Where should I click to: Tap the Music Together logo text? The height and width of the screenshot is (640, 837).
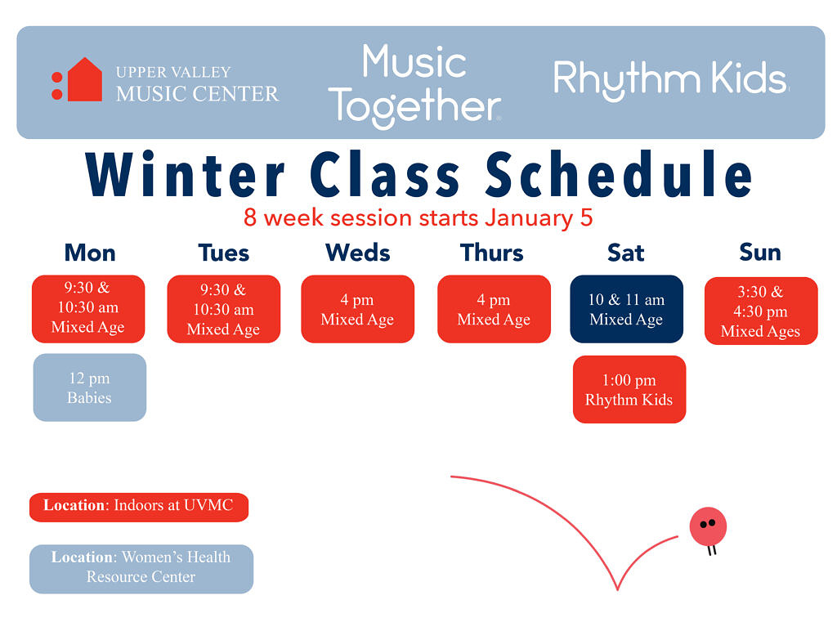pos(414,86)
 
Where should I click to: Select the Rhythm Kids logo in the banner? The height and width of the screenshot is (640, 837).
pos(670,80)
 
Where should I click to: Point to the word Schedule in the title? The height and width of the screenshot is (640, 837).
pos(620,173)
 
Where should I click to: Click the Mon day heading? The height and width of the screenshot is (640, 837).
pos(90,253)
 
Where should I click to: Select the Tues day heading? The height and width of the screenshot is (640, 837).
pos(224,253)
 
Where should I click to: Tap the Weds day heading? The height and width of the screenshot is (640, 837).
pos(358,253)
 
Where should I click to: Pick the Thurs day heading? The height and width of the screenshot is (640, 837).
pos(491,253)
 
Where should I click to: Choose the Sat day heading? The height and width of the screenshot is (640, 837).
pos(625,253)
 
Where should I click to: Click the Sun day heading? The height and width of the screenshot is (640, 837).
pos(759,252)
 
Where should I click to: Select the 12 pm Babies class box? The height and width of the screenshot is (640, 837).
pos(90,387)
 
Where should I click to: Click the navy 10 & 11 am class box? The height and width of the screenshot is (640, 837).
pos(627,309)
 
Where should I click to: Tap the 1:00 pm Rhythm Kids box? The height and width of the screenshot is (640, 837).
pos(629,390)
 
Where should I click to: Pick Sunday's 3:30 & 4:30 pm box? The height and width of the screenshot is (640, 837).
pos(761,311)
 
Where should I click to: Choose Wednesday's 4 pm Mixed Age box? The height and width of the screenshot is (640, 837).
pos(358,309)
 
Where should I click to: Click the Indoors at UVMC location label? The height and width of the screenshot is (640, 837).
pos(139,507)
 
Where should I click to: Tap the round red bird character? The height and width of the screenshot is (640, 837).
pos(708,527)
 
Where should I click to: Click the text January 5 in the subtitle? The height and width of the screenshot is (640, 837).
pos(539,217)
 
